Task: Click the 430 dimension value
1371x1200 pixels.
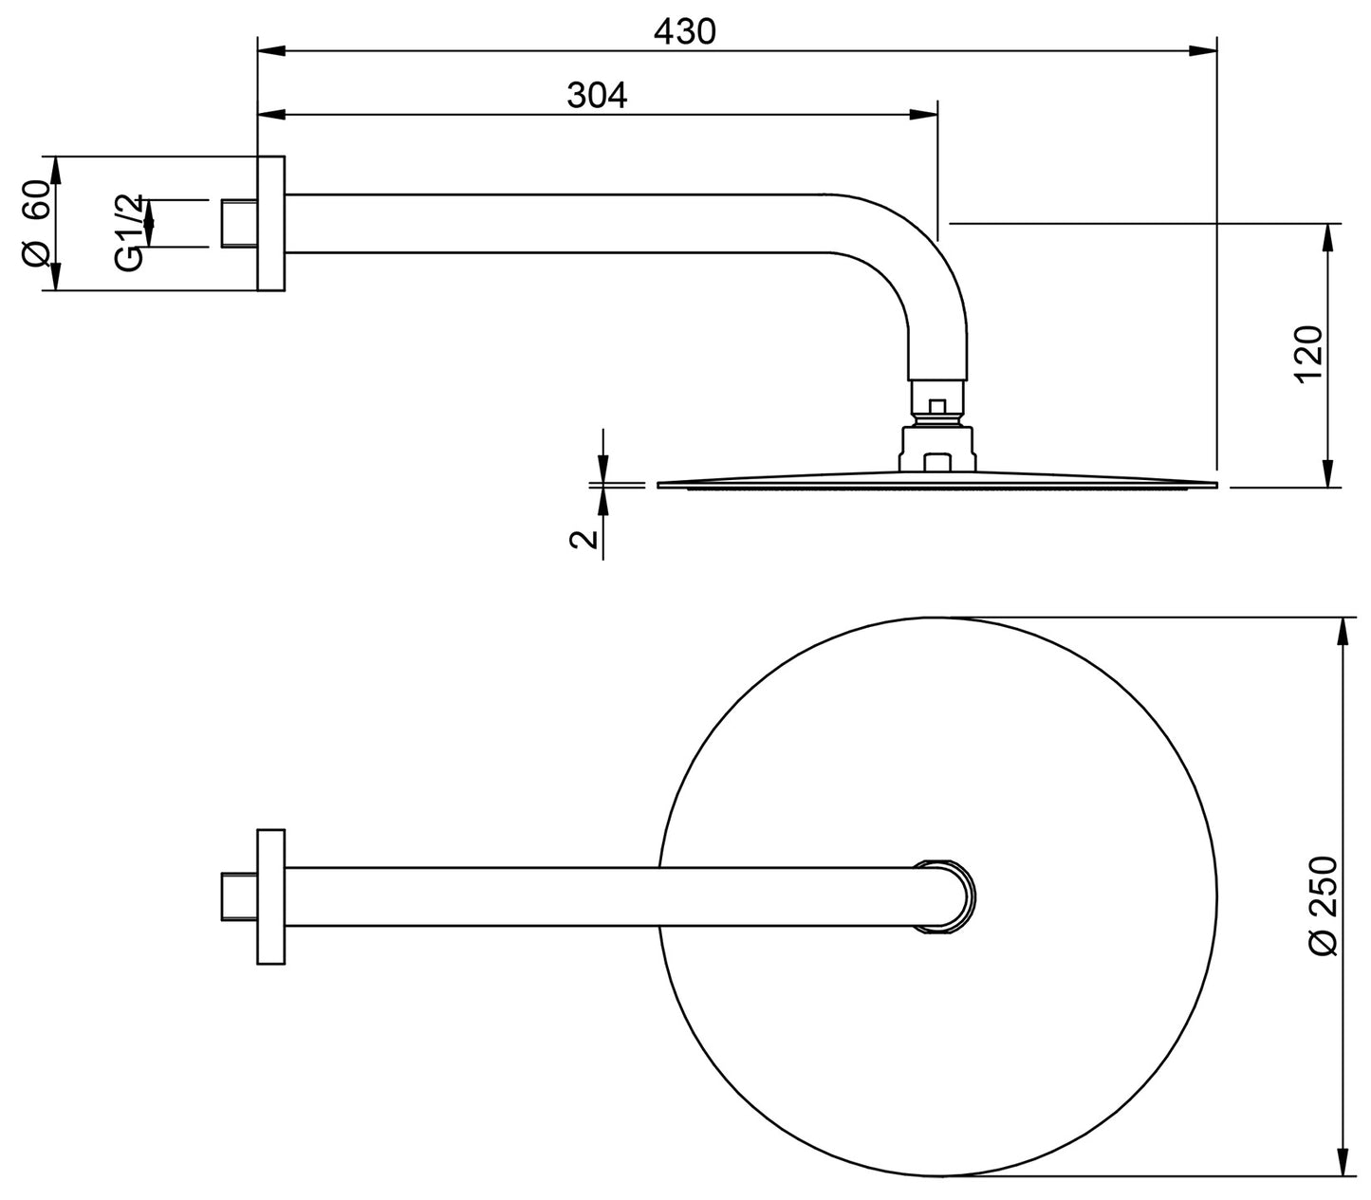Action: pos(684,31)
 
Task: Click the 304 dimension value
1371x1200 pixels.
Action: pos(597,95)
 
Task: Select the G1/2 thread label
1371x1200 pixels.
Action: pos(130,231)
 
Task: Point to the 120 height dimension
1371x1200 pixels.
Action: pos(1308,354)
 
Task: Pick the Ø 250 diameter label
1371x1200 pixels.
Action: pos(1322,906)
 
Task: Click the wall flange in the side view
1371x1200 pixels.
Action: pos(270,223)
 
